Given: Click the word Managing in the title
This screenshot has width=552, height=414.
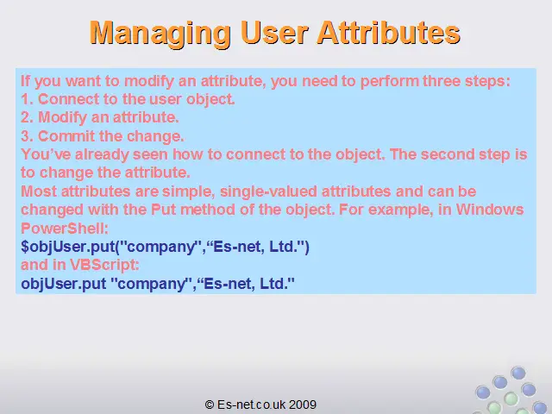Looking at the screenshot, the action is pos(160,34).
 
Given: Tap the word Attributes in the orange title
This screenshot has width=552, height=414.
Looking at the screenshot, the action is pos(389,33).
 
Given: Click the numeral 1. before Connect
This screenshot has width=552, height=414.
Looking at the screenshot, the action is pos(27,99).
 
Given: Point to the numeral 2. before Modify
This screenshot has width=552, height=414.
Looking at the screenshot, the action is pos(27,117).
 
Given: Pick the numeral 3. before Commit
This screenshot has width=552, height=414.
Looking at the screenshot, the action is pos(27,136).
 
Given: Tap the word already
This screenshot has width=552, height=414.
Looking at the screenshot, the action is pos(102,155).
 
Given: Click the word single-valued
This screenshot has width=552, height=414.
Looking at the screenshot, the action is pos(268,191).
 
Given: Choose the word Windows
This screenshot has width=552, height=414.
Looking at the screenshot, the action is pos(490,210).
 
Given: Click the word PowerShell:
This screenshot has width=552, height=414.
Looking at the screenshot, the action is pos(65,229).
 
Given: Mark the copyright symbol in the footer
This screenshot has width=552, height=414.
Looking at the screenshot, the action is pos(209,405).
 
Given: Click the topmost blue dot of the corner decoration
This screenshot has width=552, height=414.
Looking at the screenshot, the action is pos(518,373).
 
